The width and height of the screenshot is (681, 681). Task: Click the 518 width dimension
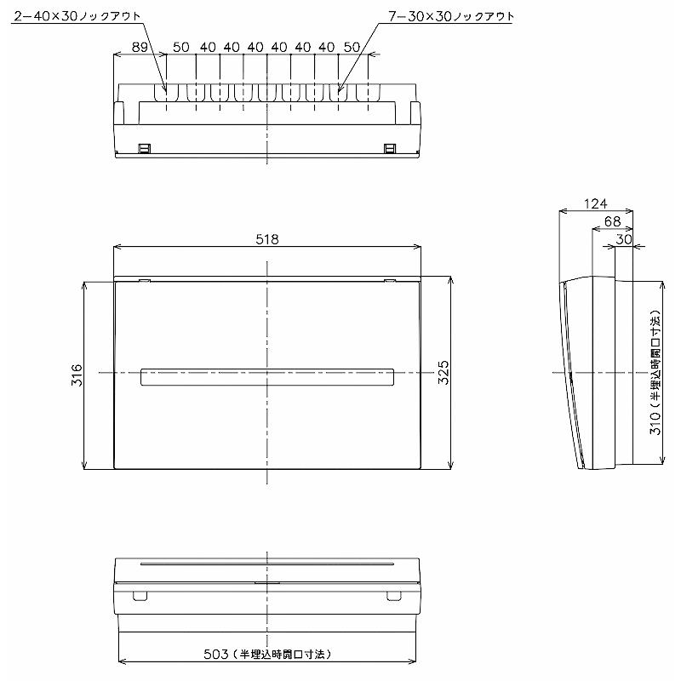(x=267, y=239)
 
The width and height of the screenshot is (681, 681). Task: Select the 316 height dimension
(x=77, y=375)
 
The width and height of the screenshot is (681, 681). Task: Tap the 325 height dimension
(x=443, y=373)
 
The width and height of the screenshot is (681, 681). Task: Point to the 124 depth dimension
(x=595, y=203)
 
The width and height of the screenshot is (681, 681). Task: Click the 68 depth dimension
(x=612, y=221)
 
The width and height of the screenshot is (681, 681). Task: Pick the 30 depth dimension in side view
(x=624, y=239)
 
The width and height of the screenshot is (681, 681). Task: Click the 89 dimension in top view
(x=140, y=47)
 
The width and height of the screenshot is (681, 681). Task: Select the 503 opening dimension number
(x=216, y=654)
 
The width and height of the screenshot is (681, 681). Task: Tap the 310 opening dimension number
(x=655, y=423)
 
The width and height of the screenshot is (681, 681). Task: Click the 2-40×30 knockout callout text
(x=77, y=16)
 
